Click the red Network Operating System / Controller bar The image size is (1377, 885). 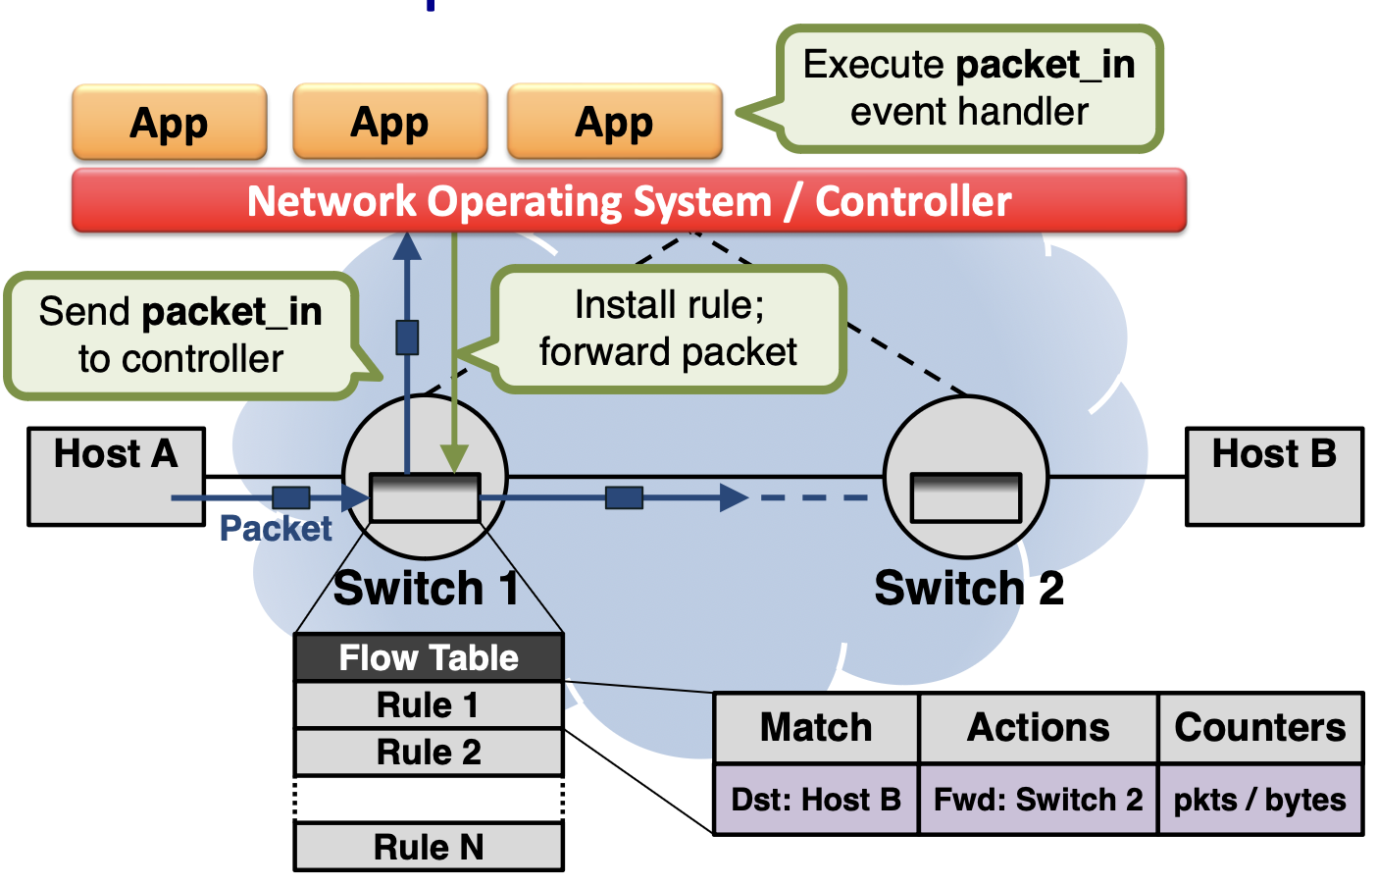[x=629, y=201]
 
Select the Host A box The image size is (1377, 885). [x=116, y=476]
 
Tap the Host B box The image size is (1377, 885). [x=1273, y=476]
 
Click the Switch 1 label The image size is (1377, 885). [x=426, y=589]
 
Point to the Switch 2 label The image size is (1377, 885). [x=968, y=589]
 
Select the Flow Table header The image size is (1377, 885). [x=429, y=657]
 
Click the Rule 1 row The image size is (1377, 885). [x=429, y=704]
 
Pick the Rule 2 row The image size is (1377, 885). [x=429, y=752]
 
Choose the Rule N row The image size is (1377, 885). [x=429, y=847]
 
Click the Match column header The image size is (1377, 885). [x=816, y=728]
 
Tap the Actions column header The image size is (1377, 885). [x=1038, y=728]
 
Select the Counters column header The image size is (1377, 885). [x=1259, y=728]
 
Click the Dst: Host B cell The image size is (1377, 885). [x=816, y=800]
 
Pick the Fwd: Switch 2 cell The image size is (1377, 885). [x=1038, y=800]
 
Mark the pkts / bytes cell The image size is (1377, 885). [x=1259, y=800]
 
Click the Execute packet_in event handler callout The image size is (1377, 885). [x=968, y=88]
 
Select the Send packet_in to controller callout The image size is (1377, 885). [x=180, y=336]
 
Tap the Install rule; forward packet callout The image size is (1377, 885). [x=668, y=329]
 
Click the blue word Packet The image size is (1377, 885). [x=276, y=529]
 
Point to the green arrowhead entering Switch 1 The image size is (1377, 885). [x=454, y=459]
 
